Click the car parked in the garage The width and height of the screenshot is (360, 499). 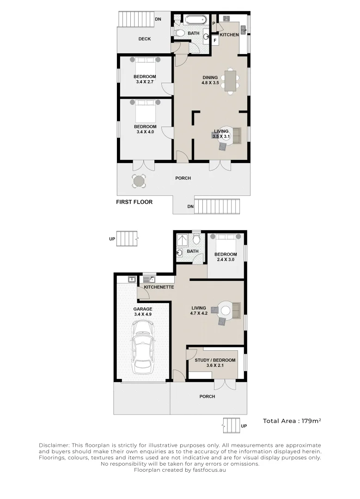pyautogui.click(x=144, y=347)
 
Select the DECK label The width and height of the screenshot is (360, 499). pyautogui.click(x=145, y=39)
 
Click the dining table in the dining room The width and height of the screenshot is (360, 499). pyautogui.click(x=230, y=81)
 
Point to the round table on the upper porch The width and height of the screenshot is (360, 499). pyautogui.click(x=139, y=181)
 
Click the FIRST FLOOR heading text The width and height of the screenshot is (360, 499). pyautogui.click(x=134, y=202)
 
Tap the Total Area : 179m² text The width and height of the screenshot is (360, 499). pyautogui.click(x=292, y=421)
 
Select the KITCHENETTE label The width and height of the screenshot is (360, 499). pyautogui.click(x=159, y=287)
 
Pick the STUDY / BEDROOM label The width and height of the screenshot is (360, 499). pyautogui.click(x=215, y=360)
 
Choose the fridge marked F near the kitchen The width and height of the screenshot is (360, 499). pyautogui.click(x=215, y=40)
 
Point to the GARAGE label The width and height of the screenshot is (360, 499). pyautogui.click(x=143, y=309)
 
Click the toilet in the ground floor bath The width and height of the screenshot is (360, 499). pyautogui.click(x=196, y=239)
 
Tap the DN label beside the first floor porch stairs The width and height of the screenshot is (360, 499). pyautogui.click(x=190, y=207)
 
